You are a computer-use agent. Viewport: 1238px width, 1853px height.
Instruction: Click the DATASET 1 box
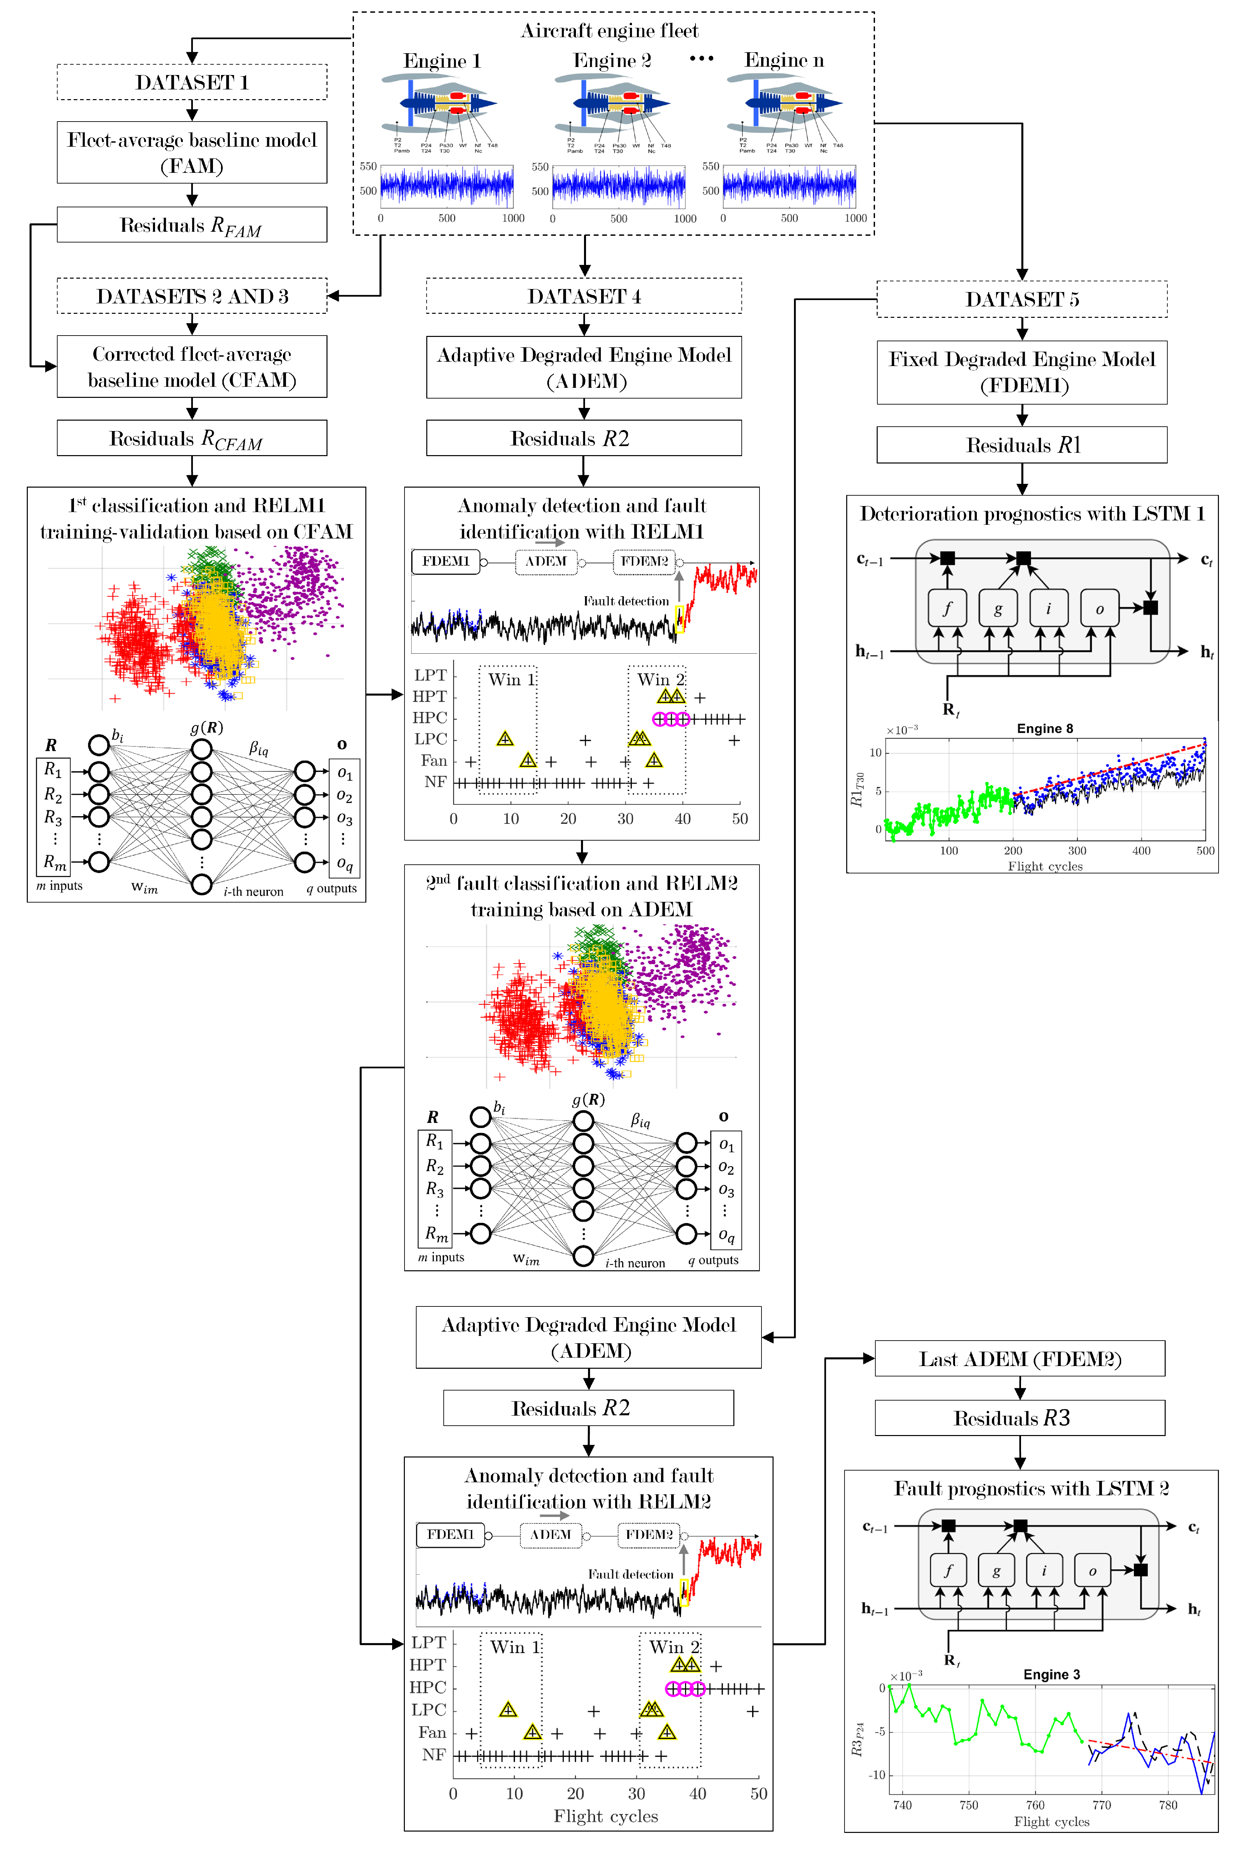pyautogui.click(x=192, y=82)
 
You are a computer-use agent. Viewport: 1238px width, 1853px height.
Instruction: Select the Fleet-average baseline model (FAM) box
pyautogui.click(x=192, y=152)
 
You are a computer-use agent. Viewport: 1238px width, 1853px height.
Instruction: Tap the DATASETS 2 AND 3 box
pyautogui.click(x=192, y=296)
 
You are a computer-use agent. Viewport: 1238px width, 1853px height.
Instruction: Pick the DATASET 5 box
pyautogui.click(x=1022, y=299)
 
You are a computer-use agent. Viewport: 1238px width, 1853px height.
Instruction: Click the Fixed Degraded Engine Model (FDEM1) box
pyautogui.click(x=1022, y=372)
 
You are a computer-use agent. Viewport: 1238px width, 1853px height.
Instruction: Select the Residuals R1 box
pyautogui.click(x=1022, y=445)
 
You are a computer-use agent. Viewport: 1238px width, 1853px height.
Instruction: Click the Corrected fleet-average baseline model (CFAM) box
pyautogui.click(x=192, y=366)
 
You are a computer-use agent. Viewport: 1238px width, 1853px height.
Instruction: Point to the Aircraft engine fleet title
pyautogui.click(x=609, y=31)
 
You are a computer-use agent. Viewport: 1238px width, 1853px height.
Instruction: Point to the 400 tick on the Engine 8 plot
pyautogui.click(x=1141, y=850)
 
